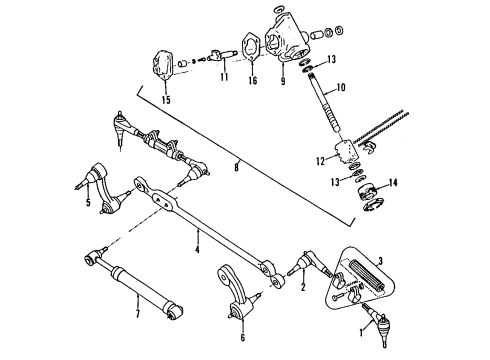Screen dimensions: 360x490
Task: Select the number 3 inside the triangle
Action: (x=379, y=259)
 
